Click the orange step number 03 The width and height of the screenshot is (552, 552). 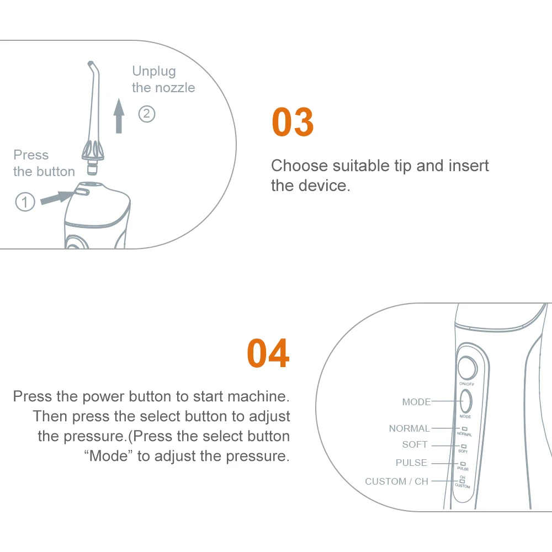coord(293,122)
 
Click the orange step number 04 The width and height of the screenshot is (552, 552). coord(268,353)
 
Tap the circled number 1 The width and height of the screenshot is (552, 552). coord(25,202)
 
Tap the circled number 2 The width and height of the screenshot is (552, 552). coord(147,114)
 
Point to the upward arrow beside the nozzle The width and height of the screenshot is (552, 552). coord(119,116)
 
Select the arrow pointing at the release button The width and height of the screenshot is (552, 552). coord(57,197)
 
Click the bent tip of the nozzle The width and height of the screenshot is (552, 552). coord(91,65)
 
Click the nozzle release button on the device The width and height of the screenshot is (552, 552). coord(82,191)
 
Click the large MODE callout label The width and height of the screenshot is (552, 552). coord(416,402)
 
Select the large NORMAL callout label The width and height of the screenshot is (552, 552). coord(410,428)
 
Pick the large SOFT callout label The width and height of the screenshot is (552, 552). coord(415,444)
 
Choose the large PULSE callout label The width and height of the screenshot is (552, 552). coord(411,462)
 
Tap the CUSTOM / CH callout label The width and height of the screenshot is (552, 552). coord(397,481)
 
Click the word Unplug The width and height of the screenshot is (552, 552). coord(154,71)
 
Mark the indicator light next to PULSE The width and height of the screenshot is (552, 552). coord(463,464)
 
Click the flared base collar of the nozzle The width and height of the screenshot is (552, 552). coord(93,151)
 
